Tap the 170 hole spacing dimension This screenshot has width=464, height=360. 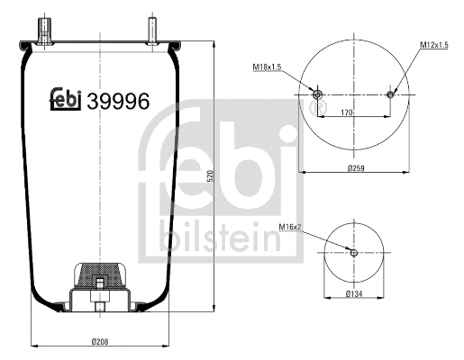346,112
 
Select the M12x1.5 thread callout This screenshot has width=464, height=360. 434,45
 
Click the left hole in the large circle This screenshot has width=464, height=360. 316,94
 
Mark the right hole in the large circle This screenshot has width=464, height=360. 390,94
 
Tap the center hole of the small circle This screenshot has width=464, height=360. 354,252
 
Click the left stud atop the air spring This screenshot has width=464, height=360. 42,26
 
